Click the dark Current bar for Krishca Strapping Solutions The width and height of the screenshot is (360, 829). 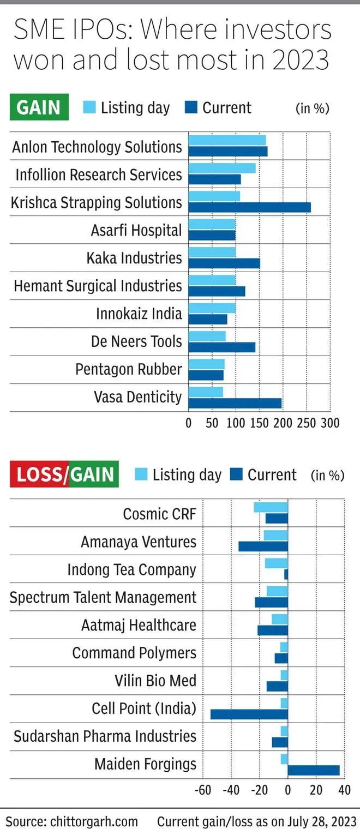coord(249,207)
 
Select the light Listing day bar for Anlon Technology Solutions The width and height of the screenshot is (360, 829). coord(227,140)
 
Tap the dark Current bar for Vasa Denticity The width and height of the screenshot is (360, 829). coord(235,403)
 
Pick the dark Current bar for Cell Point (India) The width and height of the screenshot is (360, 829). coord(249,714)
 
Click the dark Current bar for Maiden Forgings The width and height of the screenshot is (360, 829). coord(313,770)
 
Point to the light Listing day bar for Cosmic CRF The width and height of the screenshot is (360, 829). coord(271,507)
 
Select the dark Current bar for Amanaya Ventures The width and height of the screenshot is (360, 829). coord(263,546)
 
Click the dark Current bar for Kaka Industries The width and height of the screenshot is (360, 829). coord(224,263)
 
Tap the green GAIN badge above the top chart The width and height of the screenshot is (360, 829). coord(39,107)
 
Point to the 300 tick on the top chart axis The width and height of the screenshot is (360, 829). coord(329,423)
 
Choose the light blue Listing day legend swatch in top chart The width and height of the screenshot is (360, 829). coord(89,107)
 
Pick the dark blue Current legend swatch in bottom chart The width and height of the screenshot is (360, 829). coord(236,474)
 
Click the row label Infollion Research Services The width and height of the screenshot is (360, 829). coord(99,175)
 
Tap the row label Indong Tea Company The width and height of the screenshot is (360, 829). coord(131,569)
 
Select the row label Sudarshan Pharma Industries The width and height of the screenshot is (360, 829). coord(105,736)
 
